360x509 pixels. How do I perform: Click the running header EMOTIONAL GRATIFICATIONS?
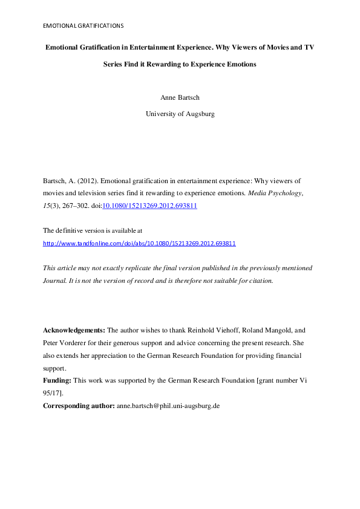tap(83, 26)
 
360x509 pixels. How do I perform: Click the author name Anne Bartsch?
tap(180, 97)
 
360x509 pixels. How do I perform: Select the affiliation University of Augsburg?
tap(180, 114)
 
